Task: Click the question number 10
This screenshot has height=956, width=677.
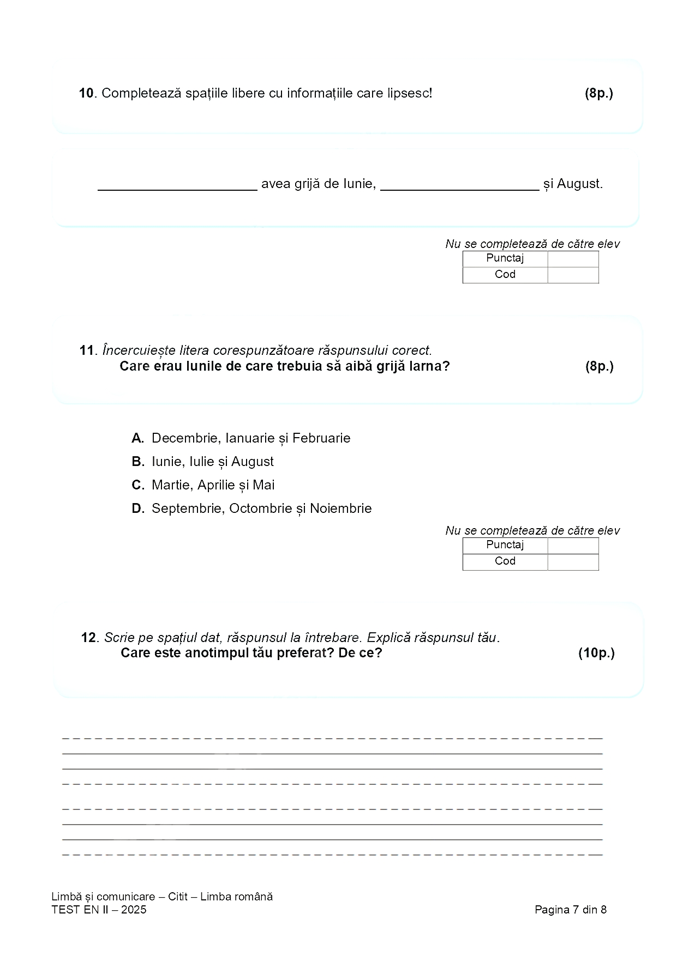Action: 87,93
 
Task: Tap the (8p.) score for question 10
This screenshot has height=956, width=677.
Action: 598,93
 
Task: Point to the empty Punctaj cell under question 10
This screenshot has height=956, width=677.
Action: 573,259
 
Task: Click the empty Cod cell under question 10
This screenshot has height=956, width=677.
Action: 573,275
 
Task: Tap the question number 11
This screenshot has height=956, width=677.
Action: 87,350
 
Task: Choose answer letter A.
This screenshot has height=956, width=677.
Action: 137,438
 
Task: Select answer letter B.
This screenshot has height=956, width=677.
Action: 137,462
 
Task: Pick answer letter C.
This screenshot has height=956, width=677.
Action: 137,485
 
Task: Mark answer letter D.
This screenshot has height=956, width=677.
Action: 137,509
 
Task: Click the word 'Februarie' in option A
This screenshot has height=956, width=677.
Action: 321,438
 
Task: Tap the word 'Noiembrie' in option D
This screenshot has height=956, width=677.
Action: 340,509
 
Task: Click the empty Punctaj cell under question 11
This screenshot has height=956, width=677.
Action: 573,546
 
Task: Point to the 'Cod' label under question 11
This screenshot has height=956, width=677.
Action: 505,561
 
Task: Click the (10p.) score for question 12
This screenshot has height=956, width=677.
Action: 596,653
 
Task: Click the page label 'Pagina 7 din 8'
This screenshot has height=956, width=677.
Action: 571,910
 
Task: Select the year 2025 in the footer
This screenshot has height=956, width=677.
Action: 134,910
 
